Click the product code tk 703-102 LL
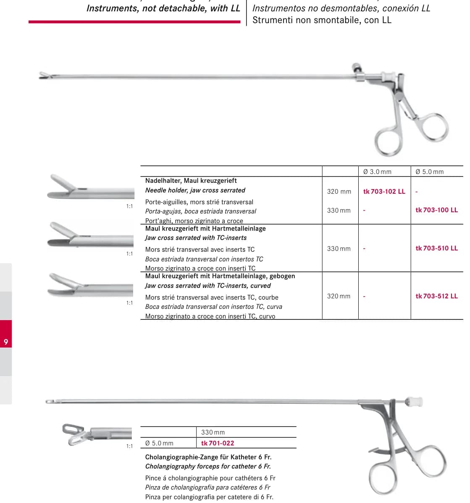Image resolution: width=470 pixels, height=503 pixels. (384, 192)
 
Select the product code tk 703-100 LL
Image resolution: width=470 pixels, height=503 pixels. (436, 210)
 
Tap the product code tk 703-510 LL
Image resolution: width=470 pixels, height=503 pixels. (436, 248)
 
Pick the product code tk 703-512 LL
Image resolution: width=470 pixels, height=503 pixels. (436, 296)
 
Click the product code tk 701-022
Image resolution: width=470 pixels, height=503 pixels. (218, 443)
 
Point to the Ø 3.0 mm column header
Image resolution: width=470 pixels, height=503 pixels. (377, 171)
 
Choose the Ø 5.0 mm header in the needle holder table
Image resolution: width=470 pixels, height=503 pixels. (429, 171)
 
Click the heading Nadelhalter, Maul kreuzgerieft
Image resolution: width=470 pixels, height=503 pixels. (191, 181)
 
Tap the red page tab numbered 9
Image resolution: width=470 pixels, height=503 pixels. (6, 334)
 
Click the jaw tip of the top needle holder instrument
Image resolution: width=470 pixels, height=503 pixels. (42, 76)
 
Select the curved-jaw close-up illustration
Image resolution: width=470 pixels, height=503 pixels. (90, 285)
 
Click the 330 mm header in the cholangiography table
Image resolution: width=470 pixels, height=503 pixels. (213, 432)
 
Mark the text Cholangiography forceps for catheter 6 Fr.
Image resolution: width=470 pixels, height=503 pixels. (208, 466)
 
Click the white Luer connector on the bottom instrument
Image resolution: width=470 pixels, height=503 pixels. (414, 402)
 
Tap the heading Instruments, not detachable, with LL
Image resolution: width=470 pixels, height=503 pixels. (163, 8)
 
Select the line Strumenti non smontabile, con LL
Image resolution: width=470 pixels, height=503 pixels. (322, 20)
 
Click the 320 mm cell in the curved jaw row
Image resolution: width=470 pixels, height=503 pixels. (339, 296)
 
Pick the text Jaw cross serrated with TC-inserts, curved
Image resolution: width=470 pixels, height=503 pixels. (208, 286)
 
